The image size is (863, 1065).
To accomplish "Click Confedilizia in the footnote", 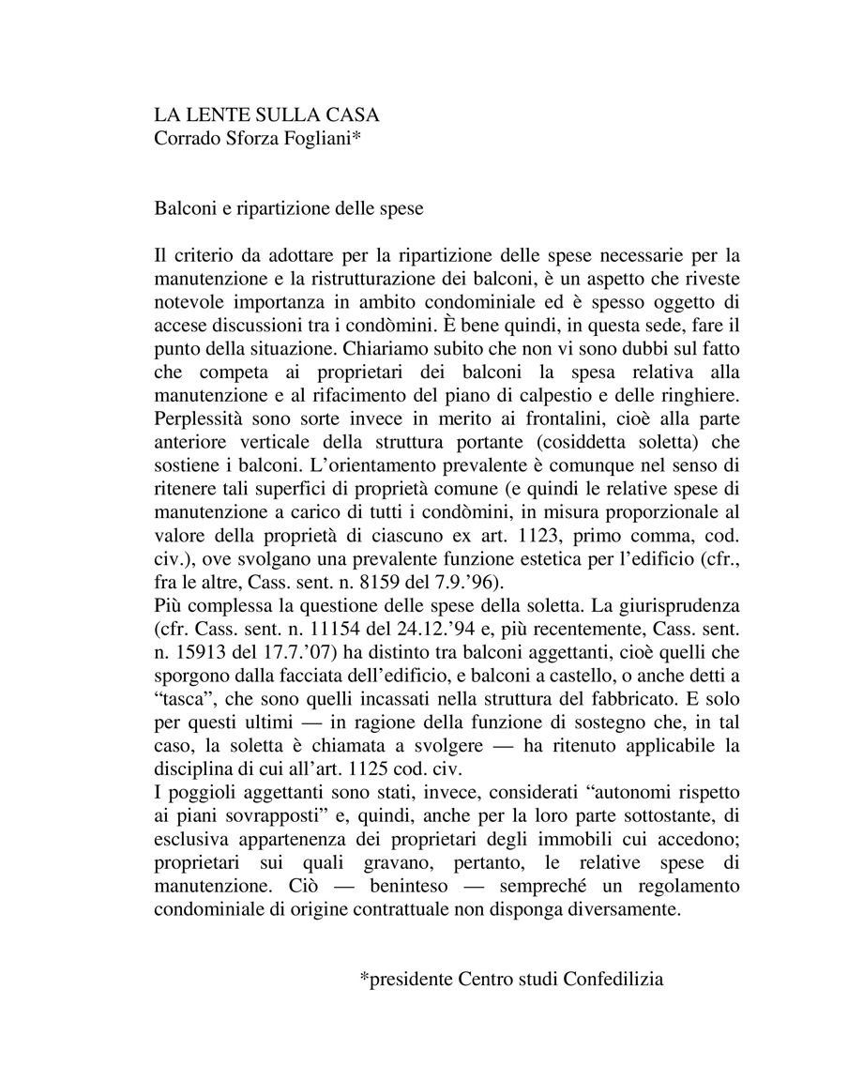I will (x=614, y=979).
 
